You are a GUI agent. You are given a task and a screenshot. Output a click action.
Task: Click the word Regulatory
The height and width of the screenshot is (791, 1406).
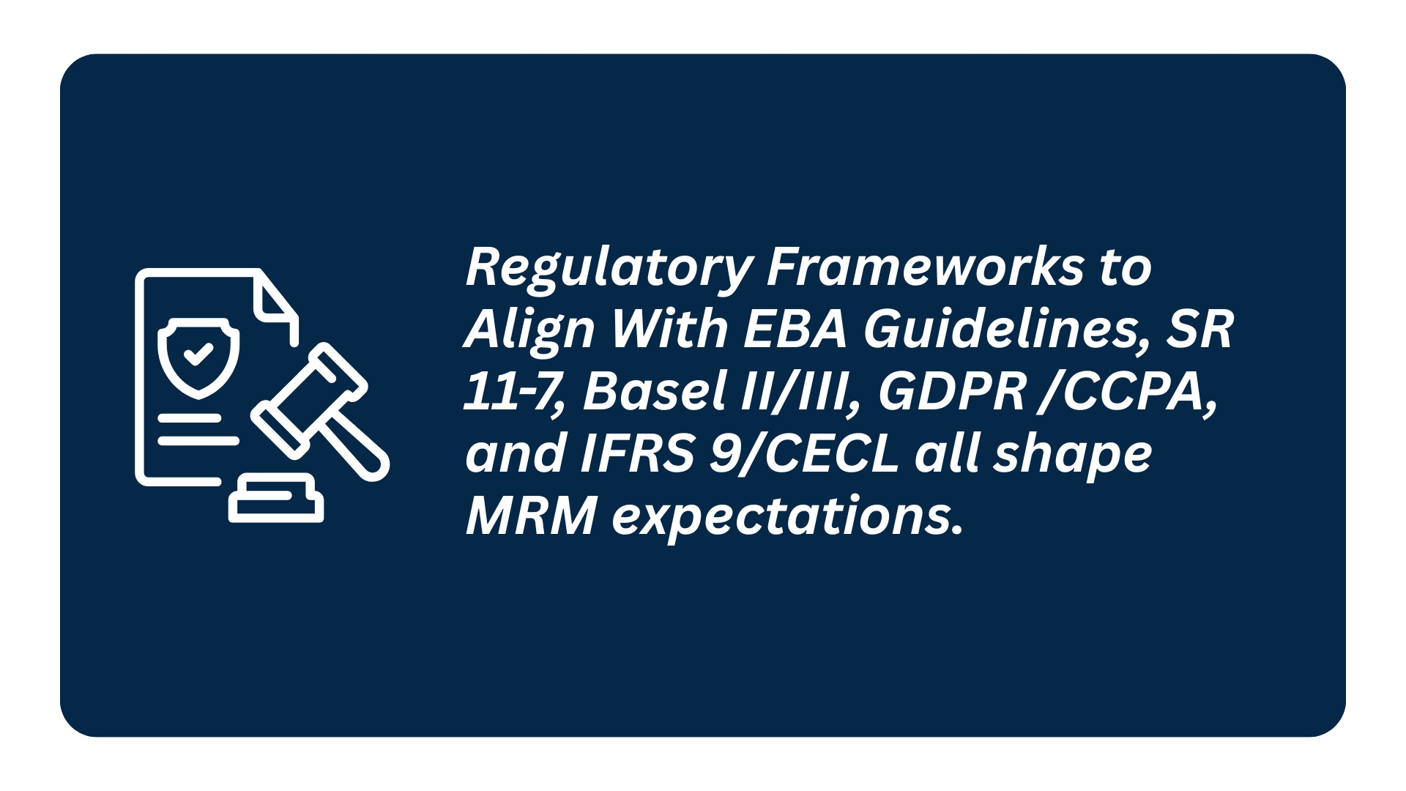point(609,269)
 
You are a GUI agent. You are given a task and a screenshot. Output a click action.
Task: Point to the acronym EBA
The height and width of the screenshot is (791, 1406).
point(795,329)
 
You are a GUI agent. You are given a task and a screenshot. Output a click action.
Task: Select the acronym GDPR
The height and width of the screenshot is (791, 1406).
point(951,392)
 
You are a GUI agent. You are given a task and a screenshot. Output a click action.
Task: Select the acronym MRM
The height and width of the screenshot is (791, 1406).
point(531,517)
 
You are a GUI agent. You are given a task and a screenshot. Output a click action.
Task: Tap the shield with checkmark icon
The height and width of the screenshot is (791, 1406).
point(198,357)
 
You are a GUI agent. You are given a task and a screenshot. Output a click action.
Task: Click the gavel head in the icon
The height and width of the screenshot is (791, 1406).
point(308,401)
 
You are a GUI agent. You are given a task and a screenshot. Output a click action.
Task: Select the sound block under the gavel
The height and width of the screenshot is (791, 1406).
point(276,498)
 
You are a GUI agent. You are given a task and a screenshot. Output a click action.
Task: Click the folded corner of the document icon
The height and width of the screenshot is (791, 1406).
point(275,297)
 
